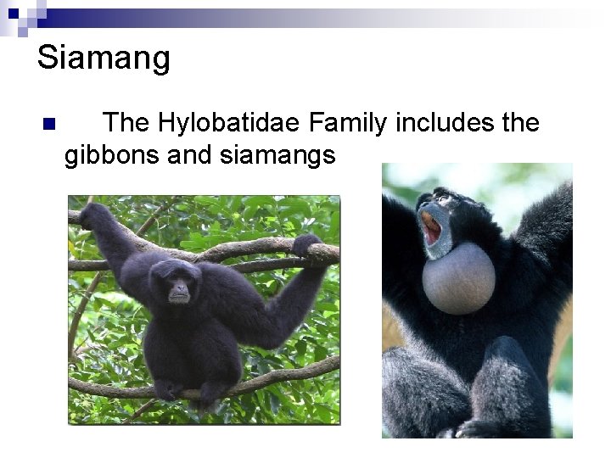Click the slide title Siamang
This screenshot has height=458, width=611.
[x=104, y=59]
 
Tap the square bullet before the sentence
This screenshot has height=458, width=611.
[x=48, y=124]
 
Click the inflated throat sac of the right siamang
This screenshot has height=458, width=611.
[x=458, y=276]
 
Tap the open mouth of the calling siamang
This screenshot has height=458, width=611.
[x=432, y=227]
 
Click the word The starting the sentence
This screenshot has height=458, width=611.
[x=126, y=123]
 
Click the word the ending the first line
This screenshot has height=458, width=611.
[x=520, y=123]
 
